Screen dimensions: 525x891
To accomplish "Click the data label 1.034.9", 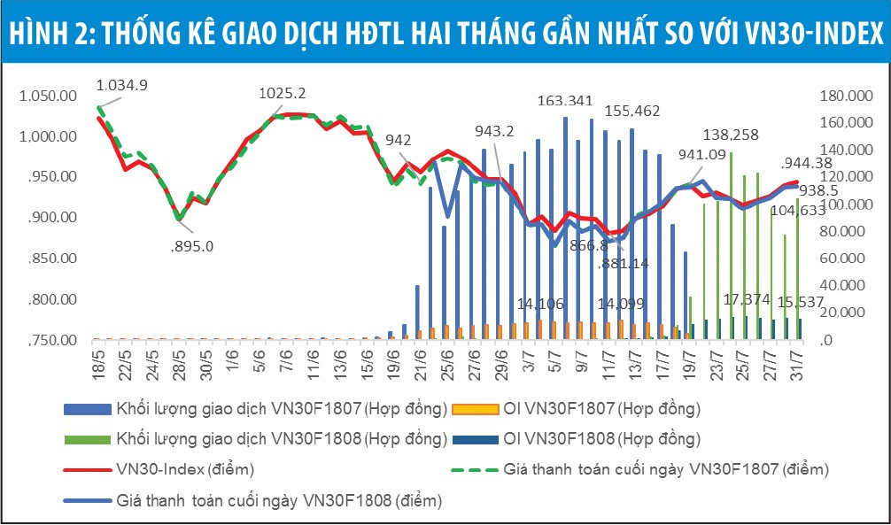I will tap(121, 85).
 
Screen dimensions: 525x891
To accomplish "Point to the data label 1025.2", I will tap(283, 92).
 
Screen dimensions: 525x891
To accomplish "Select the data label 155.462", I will tap(632, 112).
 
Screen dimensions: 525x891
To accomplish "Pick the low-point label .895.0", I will tap(190, 246).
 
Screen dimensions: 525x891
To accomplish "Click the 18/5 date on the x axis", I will tap(98, 365).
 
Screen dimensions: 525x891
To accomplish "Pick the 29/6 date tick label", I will tap(502, 365).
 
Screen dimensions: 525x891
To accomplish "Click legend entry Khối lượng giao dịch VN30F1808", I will tap(281, 438).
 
